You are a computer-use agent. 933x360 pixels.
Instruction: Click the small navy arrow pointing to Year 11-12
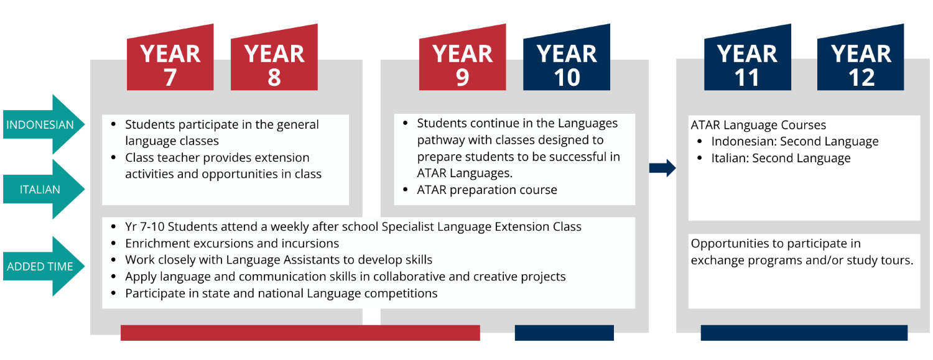pyautogui.click(x=662, y=168)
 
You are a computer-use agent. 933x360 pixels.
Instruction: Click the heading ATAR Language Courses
pyautogui.click(x=758, y=125)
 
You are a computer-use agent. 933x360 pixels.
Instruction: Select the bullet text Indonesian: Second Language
pyautogui.click(x=794, y=142)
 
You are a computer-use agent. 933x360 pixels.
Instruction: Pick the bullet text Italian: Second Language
pyautogui.click(x=781, y=159)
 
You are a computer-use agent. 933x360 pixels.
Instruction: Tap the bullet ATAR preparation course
pyautogui.click(x=486, y=190)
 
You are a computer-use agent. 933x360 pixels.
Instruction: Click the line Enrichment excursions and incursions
pyautogui.click(x=232, y=243)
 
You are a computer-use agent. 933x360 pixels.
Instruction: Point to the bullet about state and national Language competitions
pyautogui.click(x=281, y=293)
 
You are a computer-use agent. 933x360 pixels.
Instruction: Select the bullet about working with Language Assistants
pyautogui.click(x=278, y=260)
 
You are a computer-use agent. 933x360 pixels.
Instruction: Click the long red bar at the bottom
pyautogui.click(x=300, y=333)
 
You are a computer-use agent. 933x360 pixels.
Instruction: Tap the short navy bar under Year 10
pyautogui.click(x=564, y=333)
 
